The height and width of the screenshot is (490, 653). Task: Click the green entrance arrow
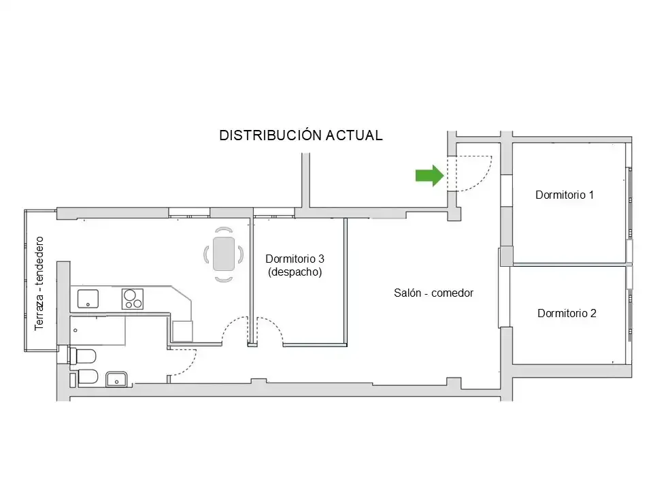pos(430,176)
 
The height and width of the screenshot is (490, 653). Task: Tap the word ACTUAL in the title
pos(354,135)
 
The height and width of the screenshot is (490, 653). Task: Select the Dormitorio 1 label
pos(565,195)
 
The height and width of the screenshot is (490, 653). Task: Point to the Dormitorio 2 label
pos(567,313)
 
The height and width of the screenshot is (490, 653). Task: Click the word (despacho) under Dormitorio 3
pos(295,272)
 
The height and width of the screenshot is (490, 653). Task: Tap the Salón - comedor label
pos(433,293)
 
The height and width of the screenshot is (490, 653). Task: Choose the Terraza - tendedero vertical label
pos(39,283)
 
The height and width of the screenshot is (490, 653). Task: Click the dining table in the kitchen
pos(224,254)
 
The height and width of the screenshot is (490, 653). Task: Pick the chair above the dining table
pos(224,229)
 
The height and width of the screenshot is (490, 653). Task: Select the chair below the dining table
pos(224,279)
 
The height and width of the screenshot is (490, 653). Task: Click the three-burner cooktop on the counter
pos(133,299)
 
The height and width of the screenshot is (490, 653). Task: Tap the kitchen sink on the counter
pos(88,299)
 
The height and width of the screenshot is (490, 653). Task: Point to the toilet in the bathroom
pos(82,356)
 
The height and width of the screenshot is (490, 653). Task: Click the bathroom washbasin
pos(116,379)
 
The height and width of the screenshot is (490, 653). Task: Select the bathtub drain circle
pos(76,331)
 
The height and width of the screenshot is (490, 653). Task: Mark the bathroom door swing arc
pos(190,367)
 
